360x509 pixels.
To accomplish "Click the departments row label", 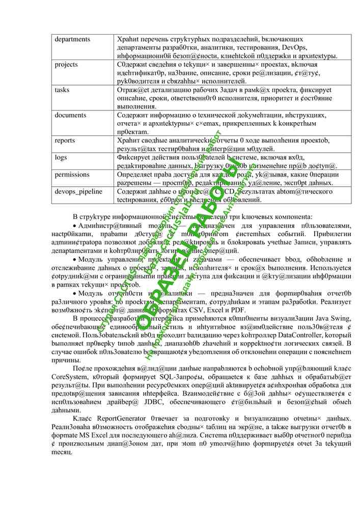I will click(x=72, y=39).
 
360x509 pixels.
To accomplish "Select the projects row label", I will click(x=66, y=65).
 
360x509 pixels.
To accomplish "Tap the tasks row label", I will click(x=62, y=90).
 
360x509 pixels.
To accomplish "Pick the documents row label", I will click(x=70, y=115).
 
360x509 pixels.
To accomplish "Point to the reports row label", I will click(x=65, y=140).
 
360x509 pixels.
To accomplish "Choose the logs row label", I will click(x=61, y=157).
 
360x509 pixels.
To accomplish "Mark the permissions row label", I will click(x=72, y=174).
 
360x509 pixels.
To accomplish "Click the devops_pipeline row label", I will click(x=78, y=191).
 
